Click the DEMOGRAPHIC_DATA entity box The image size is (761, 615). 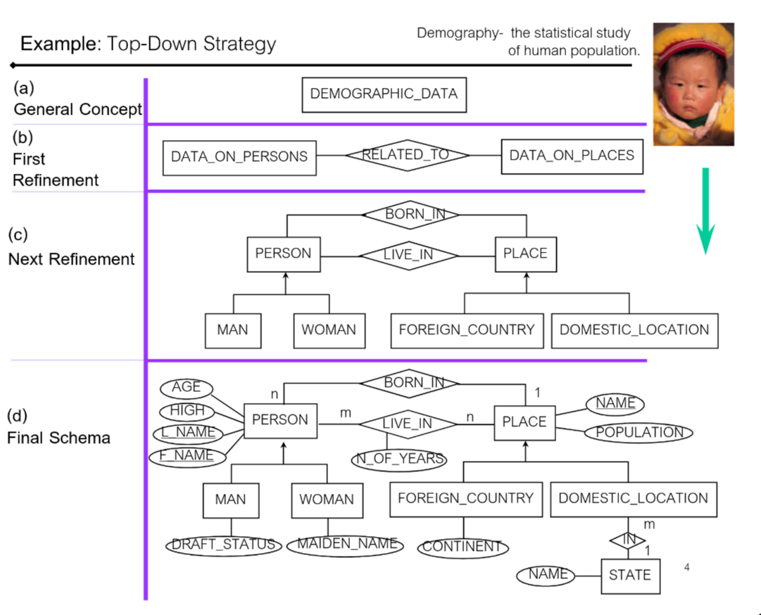pos(384,94)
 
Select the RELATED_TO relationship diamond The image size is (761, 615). pos(407,156)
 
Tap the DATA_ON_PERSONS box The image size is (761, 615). pos(239,157)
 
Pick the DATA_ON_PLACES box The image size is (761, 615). pos(572,156)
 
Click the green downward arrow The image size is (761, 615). pos(705,211)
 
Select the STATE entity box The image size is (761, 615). pos(630,575)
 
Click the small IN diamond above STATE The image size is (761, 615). pos(628,539)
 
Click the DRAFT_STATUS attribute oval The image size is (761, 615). pos(224,545)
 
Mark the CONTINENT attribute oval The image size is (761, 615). pos(463,547)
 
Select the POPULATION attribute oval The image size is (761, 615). pos(639,432)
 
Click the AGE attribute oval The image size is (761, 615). pos(187,387)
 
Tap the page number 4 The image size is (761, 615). pos(686,566)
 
